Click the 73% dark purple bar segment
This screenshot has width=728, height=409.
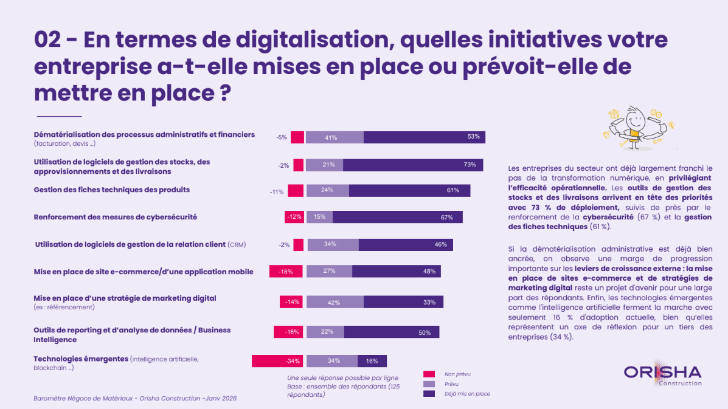point(413,165)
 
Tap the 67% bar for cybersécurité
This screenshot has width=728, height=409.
point(397,217)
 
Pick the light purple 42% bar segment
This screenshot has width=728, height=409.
point(335,302)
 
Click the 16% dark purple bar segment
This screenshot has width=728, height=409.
point(372,361)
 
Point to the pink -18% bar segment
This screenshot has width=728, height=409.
point(286,272)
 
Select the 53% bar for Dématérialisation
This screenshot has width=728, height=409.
point(424,137)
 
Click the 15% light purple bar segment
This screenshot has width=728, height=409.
point(319,217)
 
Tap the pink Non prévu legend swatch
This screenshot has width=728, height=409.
point(429,374)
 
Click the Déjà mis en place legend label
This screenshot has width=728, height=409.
point(466,394)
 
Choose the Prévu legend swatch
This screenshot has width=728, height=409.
point(429,384)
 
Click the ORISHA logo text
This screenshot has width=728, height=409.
point(662,372)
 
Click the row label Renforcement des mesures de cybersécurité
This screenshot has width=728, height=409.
point(116,217)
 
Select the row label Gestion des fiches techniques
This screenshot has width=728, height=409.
point(112,190)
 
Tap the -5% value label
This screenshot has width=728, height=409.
point(281,137)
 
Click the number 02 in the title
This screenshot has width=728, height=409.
point(50,40)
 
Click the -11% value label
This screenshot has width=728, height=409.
point(277,192)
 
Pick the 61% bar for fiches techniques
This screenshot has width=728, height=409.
point(409,190)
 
